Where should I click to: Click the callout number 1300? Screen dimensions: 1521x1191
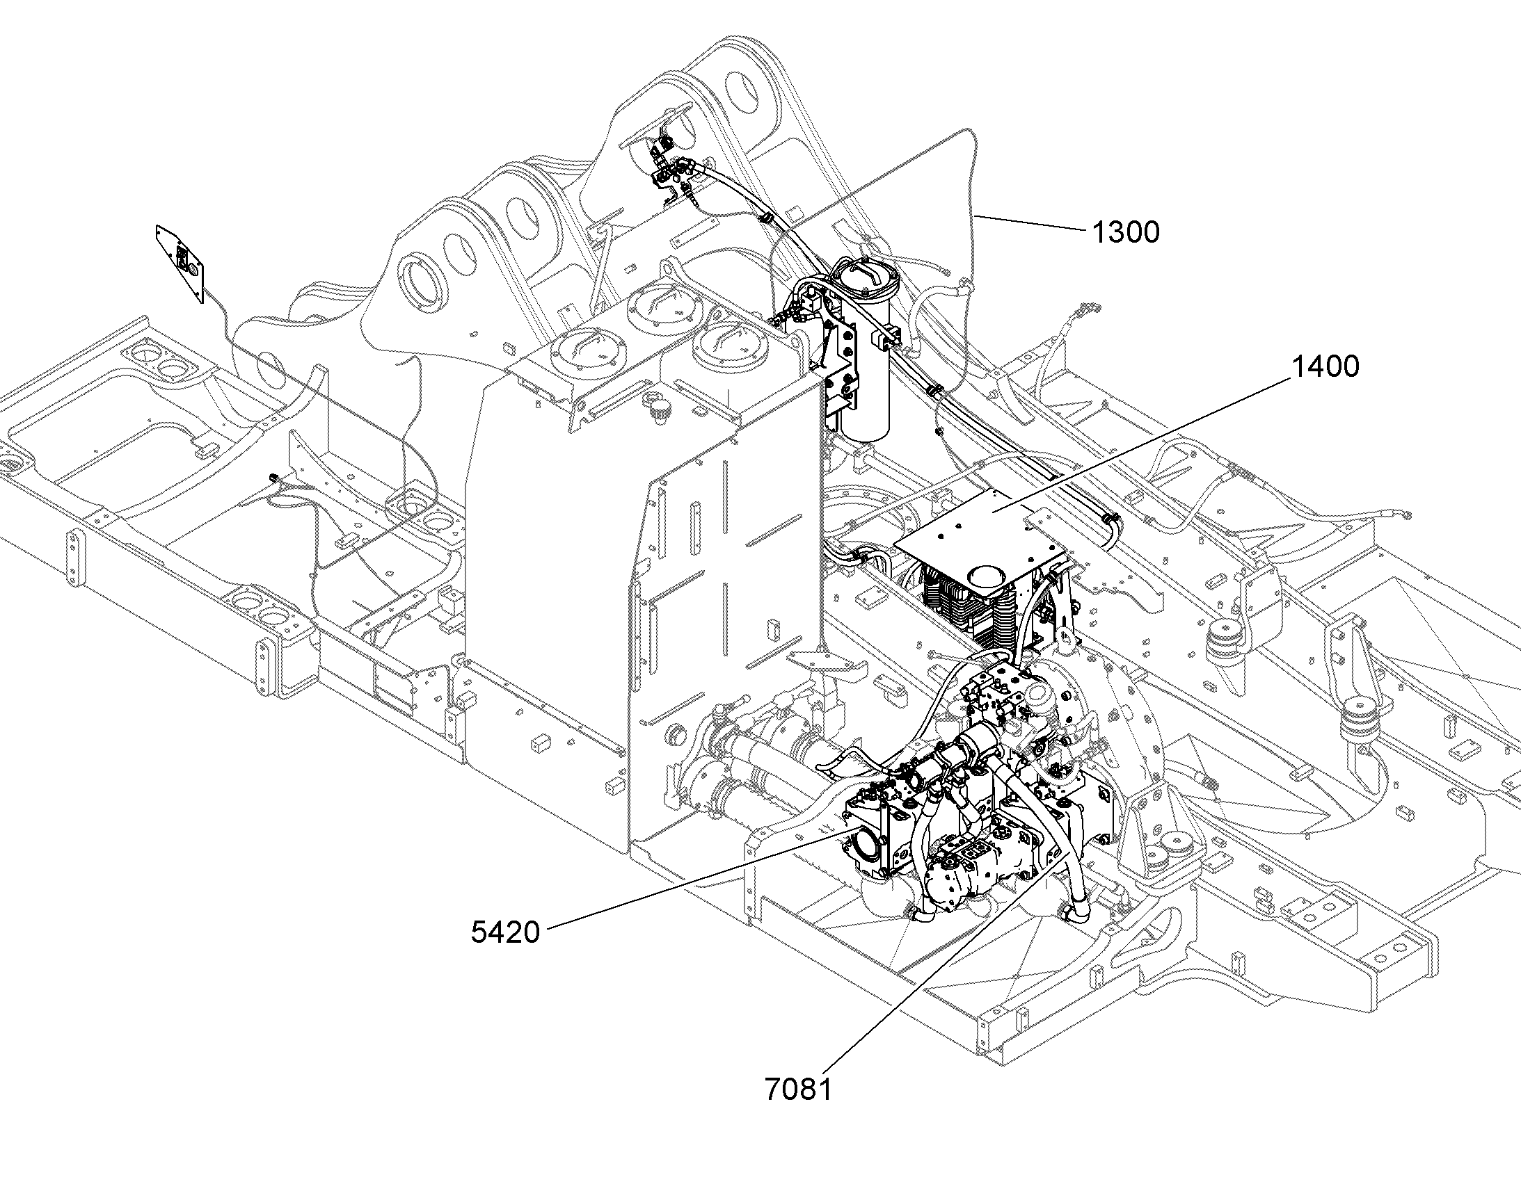[1124, 232]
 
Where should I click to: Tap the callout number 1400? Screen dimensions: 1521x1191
[1325, 367]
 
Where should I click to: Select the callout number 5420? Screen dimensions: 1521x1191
[506, 932]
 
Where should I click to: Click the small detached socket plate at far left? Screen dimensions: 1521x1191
[181, 263]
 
